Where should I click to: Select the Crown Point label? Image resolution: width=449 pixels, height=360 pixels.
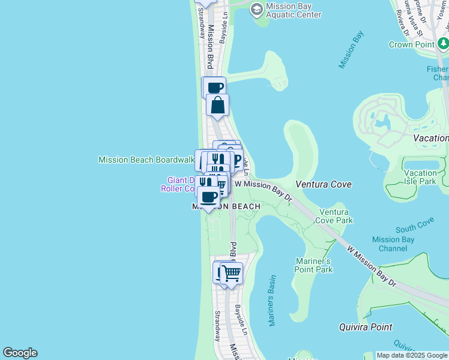pos(412,44)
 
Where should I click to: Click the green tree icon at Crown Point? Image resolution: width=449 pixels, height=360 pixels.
pos(442,43)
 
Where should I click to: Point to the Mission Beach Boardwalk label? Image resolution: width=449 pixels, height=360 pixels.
pos(146,160)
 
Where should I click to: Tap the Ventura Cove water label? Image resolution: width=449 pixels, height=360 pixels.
pos(324,184)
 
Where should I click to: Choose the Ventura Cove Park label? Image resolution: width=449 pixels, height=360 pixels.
pos(336,216)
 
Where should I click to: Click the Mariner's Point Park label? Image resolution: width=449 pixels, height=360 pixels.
pos(314,265)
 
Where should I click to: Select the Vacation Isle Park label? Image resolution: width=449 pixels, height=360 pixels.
pos(420,177)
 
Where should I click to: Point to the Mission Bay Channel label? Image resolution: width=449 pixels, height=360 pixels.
pos(393,244)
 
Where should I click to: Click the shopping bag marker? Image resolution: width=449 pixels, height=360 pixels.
pos(217,106)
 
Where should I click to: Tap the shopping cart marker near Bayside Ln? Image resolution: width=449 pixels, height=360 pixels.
pos(231,274)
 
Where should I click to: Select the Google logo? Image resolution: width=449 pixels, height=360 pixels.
pos(20,353)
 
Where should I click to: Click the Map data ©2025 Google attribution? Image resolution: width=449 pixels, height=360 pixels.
pos(412,355)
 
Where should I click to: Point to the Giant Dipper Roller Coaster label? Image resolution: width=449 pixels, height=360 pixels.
pos(179,184)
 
